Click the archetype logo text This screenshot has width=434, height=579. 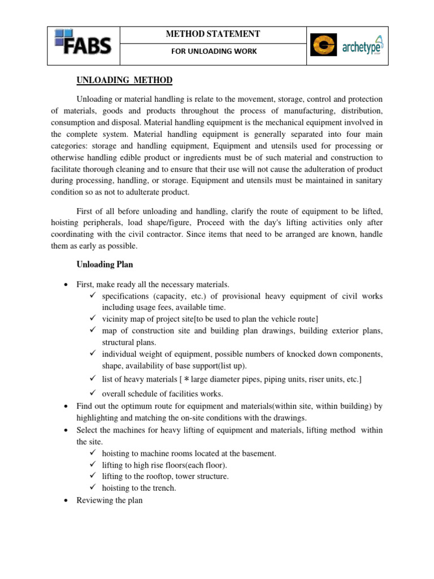click(362, 47)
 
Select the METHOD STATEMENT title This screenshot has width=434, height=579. click(212, 34)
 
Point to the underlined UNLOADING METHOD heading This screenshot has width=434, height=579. click(124, 80)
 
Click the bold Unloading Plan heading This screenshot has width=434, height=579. click(105, 264)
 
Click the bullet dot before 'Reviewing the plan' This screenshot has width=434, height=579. click(67, 500)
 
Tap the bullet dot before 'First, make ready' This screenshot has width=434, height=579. click(67, 284)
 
